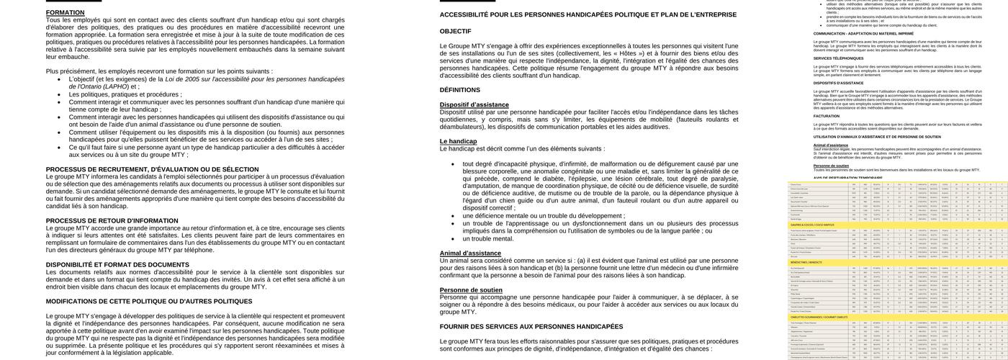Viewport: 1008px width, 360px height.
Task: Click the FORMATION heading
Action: click(66, 13)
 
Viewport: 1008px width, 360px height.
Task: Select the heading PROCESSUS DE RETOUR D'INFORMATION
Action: click(112, 221)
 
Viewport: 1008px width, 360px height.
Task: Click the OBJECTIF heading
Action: click(455, 31)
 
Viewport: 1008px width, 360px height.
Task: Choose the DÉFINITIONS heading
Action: click(459, 90)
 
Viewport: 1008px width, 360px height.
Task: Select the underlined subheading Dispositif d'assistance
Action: click(474, 105)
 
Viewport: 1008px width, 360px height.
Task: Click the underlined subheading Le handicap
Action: click(458, 141)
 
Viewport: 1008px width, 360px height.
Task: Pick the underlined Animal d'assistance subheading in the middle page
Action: click(470, 253)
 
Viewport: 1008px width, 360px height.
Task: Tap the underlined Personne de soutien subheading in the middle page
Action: click(471, 289)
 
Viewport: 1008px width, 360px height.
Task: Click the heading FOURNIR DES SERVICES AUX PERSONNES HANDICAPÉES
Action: click(531, 327)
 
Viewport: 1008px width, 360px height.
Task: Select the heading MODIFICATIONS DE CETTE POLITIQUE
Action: click(149, 302)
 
